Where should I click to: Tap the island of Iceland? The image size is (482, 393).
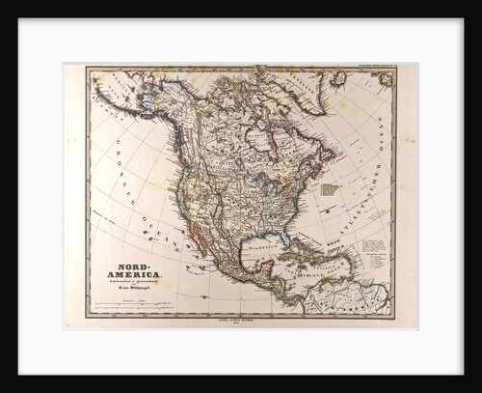click(337, 78)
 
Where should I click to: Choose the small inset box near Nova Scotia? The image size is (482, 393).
click(330, 192)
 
